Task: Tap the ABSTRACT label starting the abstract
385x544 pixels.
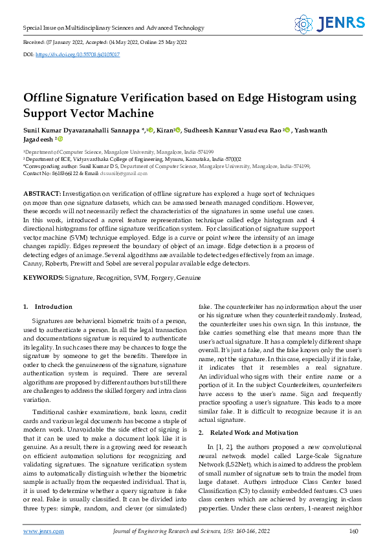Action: (x=42, y=194)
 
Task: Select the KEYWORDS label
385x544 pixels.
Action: (x=43, y=277)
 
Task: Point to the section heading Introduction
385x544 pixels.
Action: (x=53, y=307)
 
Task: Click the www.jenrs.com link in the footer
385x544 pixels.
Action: (x=43, y=531)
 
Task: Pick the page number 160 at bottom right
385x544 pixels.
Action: (x=353, y=531)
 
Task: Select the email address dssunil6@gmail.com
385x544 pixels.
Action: (x=126, y=173)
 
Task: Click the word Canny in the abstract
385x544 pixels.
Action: (x=34, y=264)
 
